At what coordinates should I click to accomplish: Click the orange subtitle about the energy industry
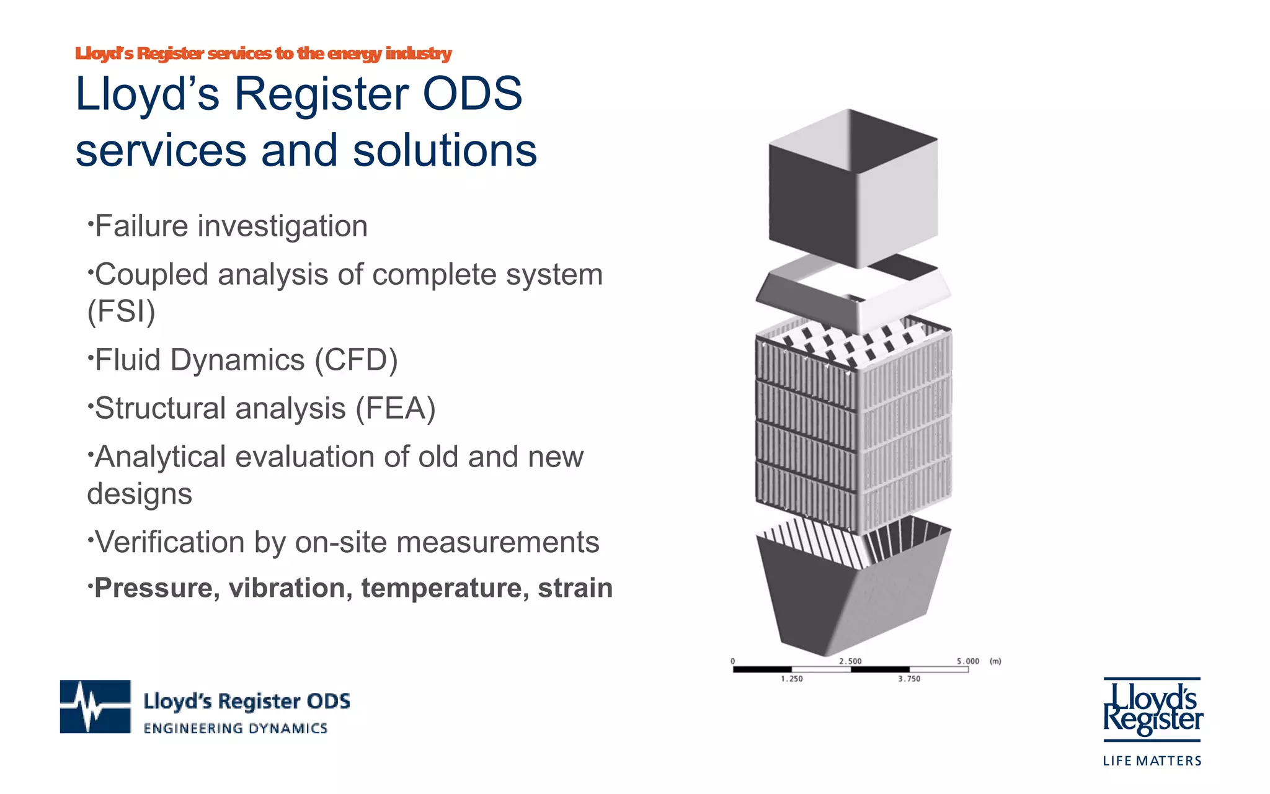[263, 54]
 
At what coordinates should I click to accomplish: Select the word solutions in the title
[444, 151]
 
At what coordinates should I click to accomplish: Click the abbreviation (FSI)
[122, 311]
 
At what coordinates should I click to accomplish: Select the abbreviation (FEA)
[395, 408]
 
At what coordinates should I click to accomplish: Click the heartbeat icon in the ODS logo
[95, 707]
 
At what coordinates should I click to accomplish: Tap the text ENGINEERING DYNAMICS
[235, 729]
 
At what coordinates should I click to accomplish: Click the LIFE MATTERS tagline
[1152, 761]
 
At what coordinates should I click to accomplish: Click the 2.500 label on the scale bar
[850, 661]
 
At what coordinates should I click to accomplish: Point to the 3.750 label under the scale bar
[909, 679]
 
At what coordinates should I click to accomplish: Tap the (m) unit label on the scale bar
[995, 661]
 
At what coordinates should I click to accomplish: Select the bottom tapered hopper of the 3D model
[853, 595]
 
